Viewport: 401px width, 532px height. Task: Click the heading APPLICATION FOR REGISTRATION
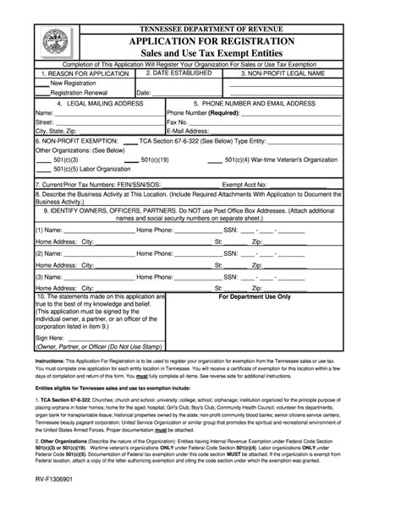tap(211, 41)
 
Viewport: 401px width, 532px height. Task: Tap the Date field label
tap(143, 93)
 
